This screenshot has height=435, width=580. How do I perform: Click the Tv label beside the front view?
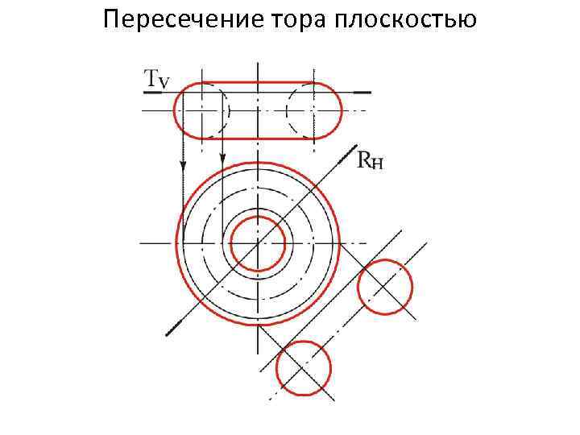(156, 78)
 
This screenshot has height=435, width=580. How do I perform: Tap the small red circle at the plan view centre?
(258, 242)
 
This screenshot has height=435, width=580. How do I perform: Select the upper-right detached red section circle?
(385, 287)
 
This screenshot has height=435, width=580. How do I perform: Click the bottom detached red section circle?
(304, 367)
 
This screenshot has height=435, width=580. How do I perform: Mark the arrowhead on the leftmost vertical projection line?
(183, 165)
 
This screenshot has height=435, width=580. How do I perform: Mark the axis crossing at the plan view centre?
(258, 242)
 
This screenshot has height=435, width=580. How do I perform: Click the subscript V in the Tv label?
(164, 81)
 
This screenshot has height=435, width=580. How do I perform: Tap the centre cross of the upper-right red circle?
(385, 287)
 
